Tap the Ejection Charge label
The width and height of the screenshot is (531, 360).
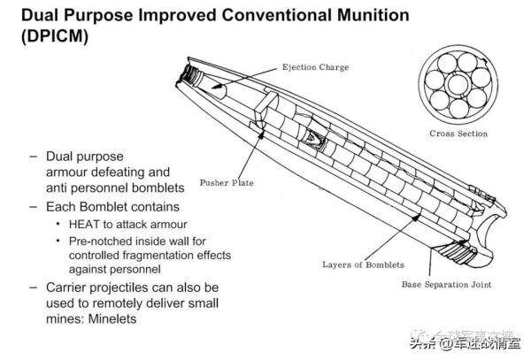[315, 67]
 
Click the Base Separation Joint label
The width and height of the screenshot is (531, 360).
[446, 284]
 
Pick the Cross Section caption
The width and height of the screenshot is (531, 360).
[458, 134]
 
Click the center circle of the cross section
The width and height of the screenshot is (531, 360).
[458, 86]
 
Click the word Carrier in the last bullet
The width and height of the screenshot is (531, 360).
[65, 287]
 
